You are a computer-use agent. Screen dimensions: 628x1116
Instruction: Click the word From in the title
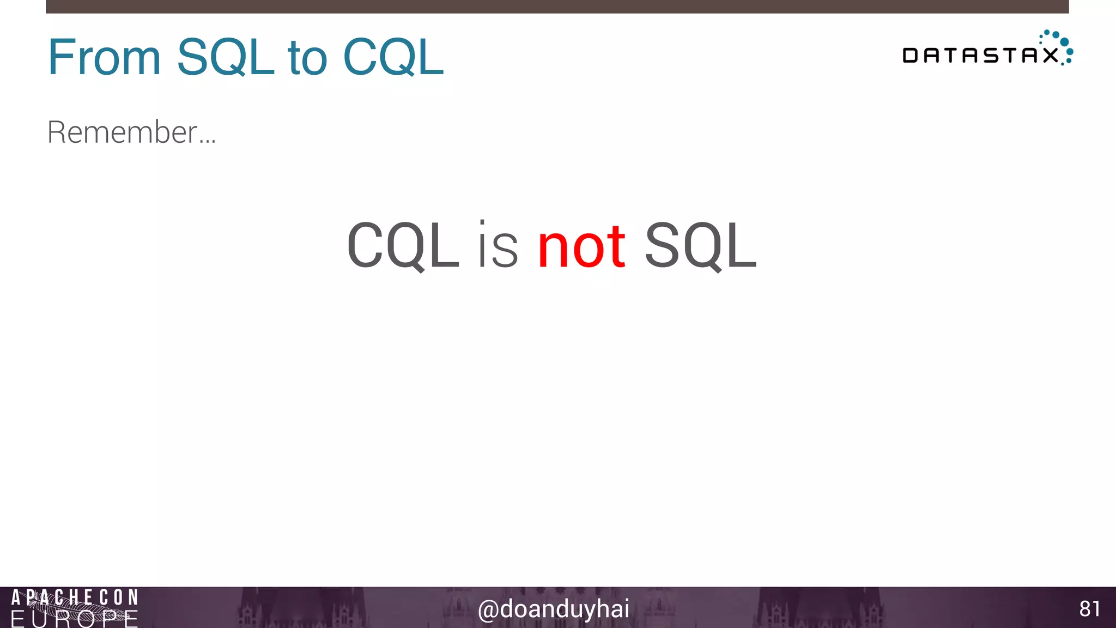point(104,57)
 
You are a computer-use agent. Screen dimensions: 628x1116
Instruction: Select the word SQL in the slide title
point(225,57)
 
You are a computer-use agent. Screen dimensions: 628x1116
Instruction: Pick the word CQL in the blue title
point(393,57)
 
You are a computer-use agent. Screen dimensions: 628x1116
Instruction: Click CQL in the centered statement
point(403,246)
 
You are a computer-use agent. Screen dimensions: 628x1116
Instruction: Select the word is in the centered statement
point(498,246)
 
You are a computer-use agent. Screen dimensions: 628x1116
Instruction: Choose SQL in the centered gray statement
point(700,246)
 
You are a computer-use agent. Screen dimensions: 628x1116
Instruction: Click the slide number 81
point(1089,609)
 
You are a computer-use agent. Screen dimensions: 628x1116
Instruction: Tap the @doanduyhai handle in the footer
point(554,609)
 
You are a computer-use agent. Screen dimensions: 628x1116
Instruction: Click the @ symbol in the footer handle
point(488,610)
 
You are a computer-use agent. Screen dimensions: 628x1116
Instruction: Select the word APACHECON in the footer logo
point(75,597)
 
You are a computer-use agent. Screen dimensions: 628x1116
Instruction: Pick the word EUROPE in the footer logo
point(75,619)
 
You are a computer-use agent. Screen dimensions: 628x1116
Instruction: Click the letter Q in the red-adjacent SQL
point(700,247)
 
